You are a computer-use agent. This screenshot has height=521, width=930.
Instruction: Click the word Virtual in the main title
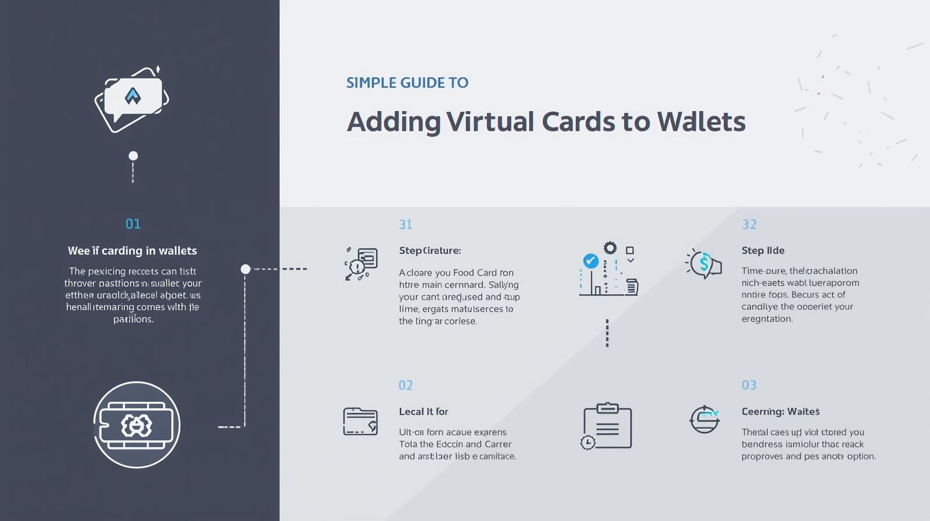pos(490,122)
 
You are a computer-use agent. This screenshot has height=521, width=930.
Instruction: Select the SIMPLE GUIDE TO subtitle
pos(407,83)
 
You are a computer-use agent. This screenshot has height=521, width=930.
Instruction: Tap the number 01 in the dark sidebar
pos(133,224)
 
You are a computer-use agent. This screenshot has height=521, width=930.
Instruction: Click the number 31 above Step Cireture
pos(405,224)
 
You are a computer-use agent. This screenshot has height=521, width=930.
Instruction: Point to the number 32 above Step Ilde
pos(749,224)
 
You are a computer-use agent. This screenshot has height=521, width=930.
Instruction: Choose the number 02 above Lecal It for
pos(405,386)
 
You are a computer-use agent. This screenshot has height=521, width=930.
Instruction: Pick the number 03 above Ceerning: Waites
pos(749,386)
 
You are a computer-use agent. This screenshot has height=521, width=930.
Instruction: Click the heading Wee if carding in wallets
pos(133,251)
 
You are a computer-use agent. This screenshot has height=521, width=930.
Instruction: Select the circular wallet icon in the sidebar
pos(137,425)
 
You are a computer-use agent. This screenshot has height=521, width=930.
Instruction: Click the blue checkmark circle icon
pos(591,260)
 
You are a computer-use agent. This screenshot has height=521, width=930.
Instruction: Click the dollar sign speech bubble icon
pos(704,264)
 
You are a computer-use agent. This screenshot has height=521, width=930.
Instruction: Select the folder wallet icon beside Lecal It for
pos(360,422)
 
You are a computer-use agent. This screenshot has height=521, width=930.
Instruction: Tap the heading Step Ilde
pos(763,251)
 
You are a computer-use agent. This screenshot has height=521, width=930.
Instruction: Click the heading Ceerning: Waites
pos(780,412)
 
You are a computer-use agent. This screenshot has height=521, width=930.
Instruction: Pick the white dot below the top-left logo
pos(133,156)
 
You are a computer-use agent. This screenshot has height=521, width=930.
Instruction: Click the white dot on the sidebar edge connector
pos(245,269)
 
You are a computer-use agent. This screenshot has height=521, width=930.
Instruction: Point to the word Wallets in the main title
pos(701,122)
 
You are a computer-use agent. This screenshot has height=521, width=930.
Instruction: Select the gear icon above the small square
pos(610,248)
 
